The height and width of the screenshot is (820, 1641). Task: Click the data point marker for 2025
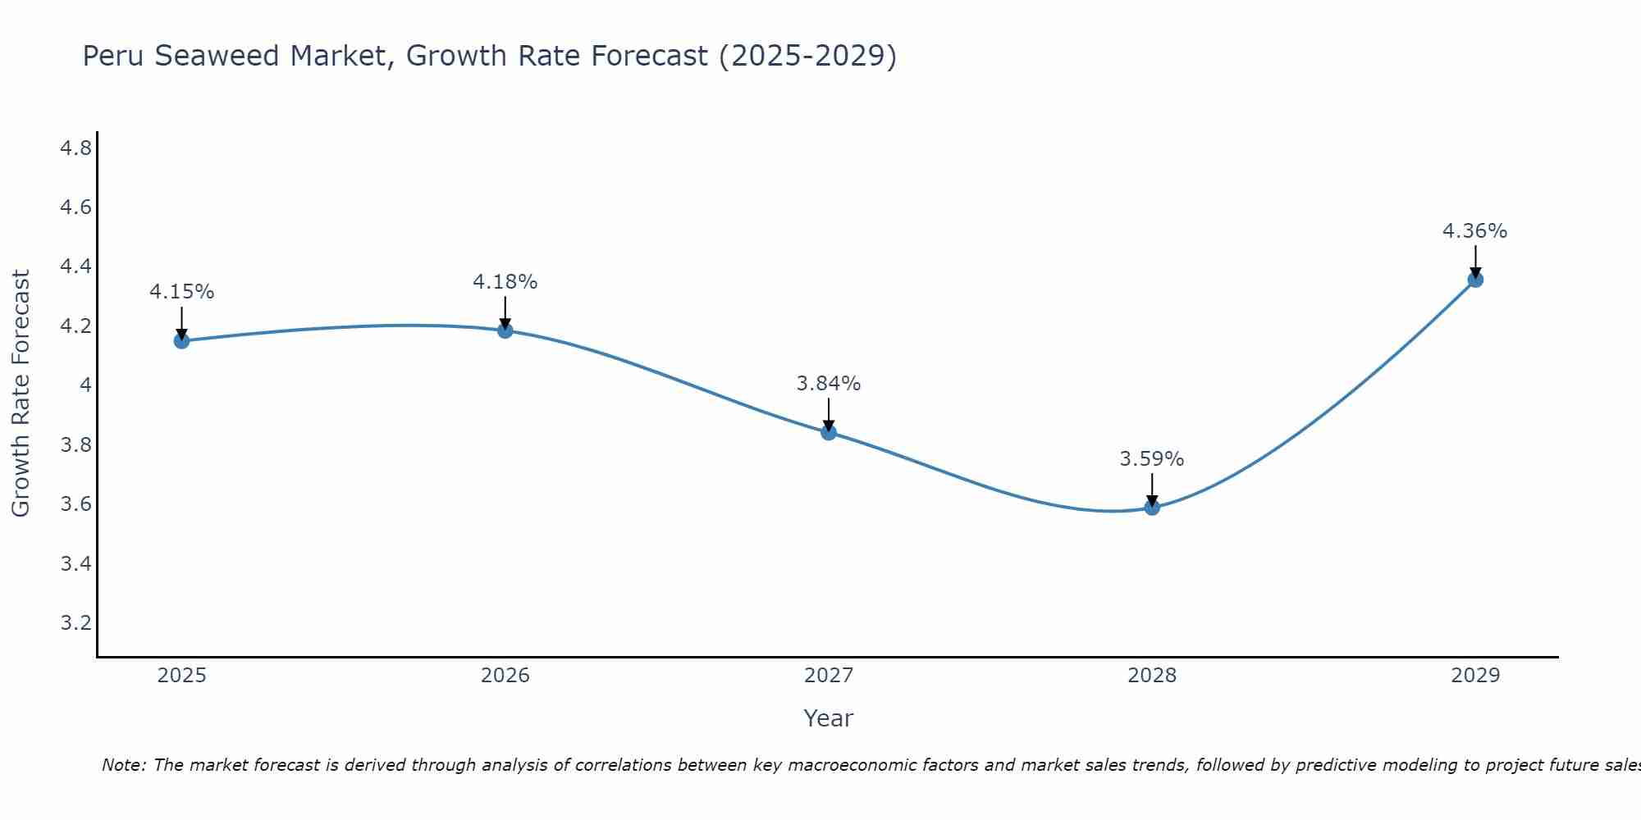(181, 341)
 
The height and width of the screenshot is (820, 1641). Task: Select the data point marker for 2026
(505, 330)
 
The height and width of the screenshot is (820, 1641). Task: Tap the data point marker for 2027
(829, 432)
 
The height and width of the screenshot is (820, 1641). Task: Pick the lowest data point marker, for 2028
(1152, 508)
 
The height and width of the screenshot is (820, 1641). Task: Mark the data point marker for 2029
(1475, 280)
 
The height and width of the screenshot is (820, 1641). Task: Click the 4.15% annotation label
(181, 292)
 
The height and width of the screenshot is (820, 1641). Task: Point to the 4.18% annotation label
(505, 282)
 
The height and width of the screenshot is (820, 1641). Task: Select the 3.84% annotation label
(829, 384)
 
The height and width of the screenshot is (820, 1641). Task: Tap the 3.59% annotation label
(1152, 459)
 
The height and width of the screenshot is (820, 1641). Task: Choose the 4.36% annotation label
(1475, 231)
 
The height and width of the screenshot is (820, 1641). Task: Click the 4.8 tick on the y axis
(75, 148)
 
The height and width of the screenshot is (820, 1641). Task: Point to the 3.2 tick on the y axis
(75, 623)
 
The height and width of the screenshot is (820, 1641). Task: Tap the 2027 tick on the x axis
(829, 676)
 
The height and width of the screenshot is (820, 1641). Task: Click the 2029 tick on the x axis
(1475, 676)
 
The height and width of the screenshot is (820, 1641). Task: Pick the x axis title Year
(829, 718)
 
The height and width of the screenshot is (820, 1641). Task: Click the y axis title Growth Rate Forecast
(21, 394)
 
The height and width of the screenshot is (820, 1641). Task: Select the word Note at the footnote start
(123, 765)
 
